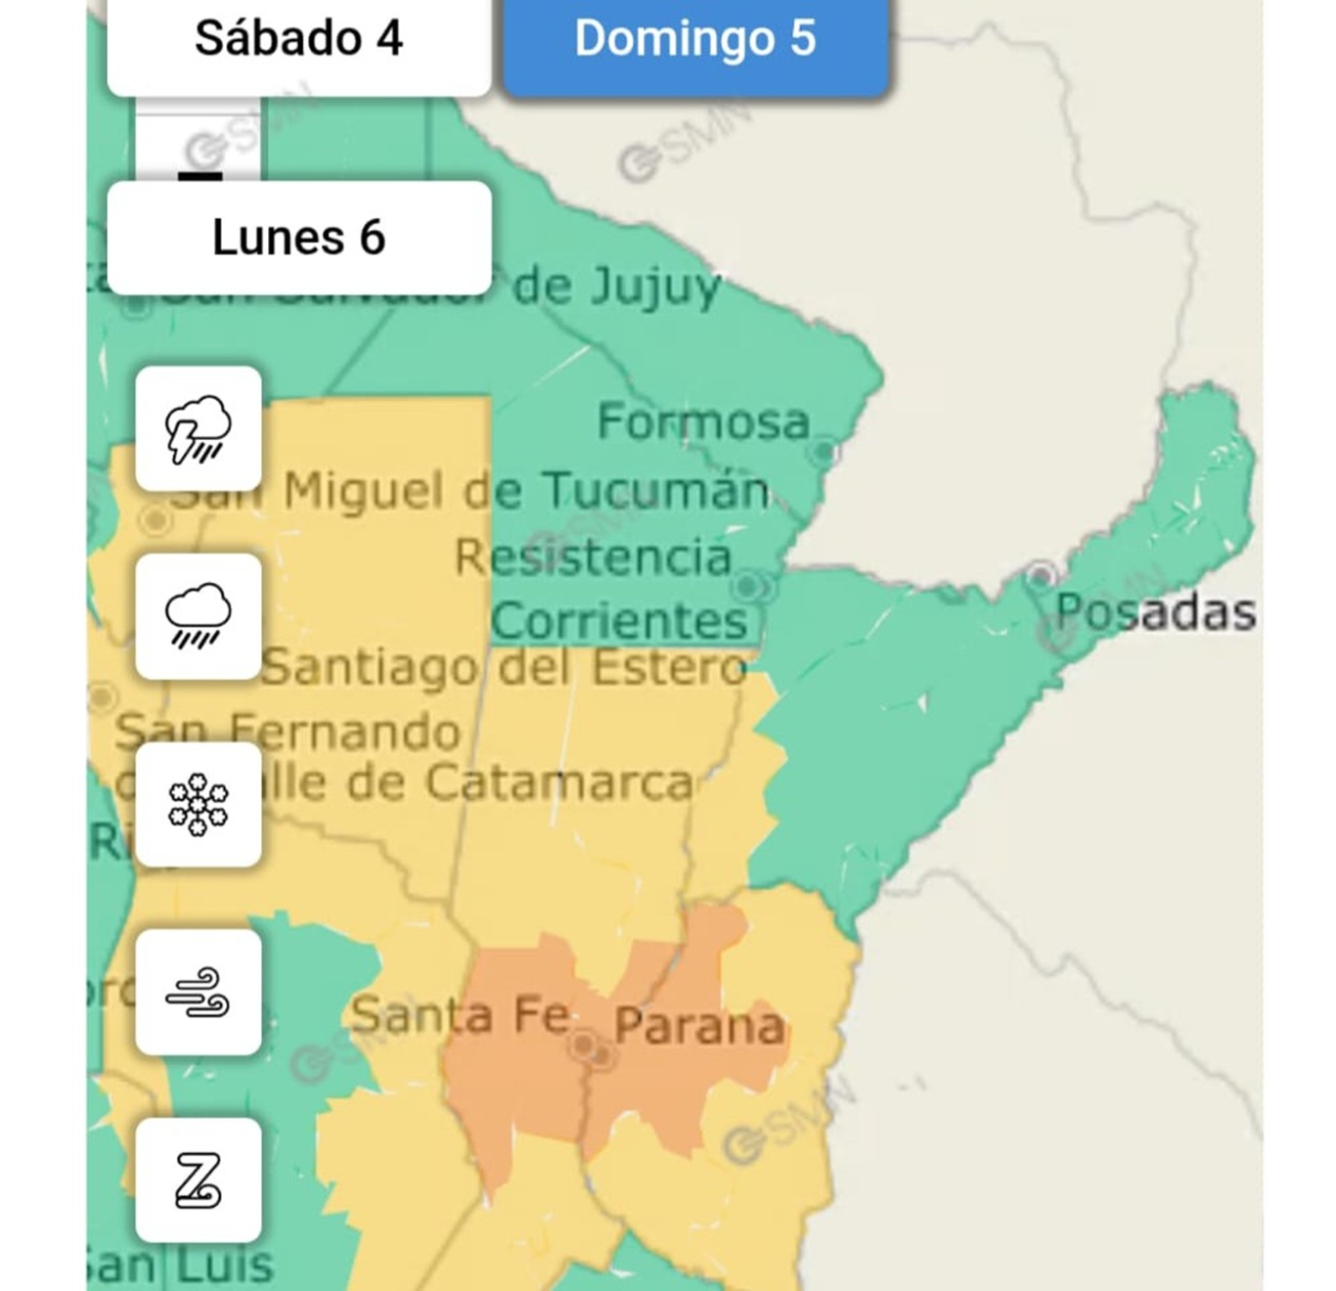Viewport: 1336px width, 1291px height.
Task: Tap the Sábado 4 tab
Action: coord(298,39)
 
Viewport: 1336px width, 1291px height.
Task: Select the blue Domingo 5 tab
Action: coord(695,39)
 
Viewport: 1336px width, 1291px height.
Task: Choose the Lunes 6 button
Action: coord(298,238)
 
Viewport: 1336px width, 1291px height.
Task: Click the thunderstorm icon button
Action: coord(199,428)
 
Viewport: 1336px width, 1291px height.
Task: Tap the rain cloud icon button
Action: coord(199,616)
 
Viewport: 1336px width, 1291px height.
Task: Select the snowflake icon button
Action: coord(199,804)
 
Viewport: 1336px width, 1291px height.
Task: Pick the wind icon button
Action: coord(199,992)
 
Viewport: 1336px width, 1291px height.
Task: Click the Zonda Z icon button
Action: coord(199,1180)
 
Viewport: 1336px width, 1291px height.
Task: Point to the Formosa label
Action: coord(703,422)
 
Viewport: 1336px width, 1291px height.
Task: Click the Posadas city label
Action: coord(1155,612)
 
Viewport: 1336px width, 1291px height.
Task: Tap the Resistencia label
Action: coord(594,557)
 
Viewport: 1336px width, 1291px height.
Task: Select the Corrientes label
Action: coord(619,620)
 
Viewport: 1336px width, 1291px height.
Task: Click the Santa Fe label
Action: coord(460,1014)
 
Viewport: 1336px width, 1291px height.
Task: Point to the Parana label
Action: coord(699,1026)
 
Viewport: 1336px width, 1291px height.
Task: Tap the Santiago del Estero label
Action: coord(504,668)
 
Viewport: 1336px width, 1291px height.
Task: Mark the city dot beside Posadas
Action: coord(1041,574)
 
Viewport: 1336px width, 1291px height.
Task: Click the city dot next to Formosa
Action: coord(824,452)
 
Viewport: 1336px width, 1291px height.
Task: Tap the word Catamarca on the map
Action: coord(559,782)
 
